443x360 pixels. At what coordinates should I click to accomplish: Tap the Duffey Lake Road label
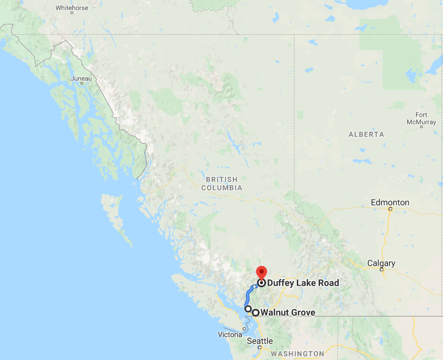click(303, 283)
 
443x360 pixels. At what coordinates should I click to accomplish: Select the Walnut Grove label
click(287, 312)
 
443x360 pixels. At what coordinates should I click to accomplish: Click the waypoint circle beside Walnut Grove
click(256, 312)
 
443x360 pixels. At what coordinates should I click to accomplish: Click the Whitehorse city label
click(72, 8)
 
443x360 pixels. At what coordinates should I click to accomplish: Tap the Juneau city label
click(81, 78)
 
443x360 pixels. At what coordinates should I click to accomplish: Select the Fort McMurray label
click(421, 118)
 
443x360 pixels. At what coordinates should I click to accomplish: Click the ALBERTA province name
click(366, 134)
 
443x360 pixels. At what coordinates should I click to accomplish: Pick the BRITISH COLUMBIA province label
click(224, 183)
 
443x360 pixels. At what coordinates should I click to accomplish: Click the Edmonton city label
click(390, 202)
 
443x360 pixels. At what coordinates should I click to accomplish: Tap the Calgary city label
click(381, 263)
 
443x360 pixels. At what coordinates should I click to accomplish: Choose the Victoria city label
click(230, 335)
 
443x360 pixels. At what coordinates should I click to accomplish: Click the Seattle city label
click(260, 341)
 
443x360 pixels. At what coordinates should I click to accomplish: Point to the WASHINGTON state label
click(297, 354)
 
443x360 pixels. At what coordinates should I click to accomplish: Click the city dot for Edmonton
click(391, 209)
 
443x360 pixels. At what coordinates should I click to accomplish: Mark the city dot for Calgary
click(381, 270)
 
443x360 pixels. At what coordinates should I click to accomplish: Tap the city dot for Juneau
click(81, 85)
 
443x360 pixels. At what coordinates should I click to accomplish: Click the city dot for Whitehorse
click(72, 14)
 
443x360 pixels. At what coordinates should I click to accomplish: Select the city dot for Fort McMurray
click(421, 127)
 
